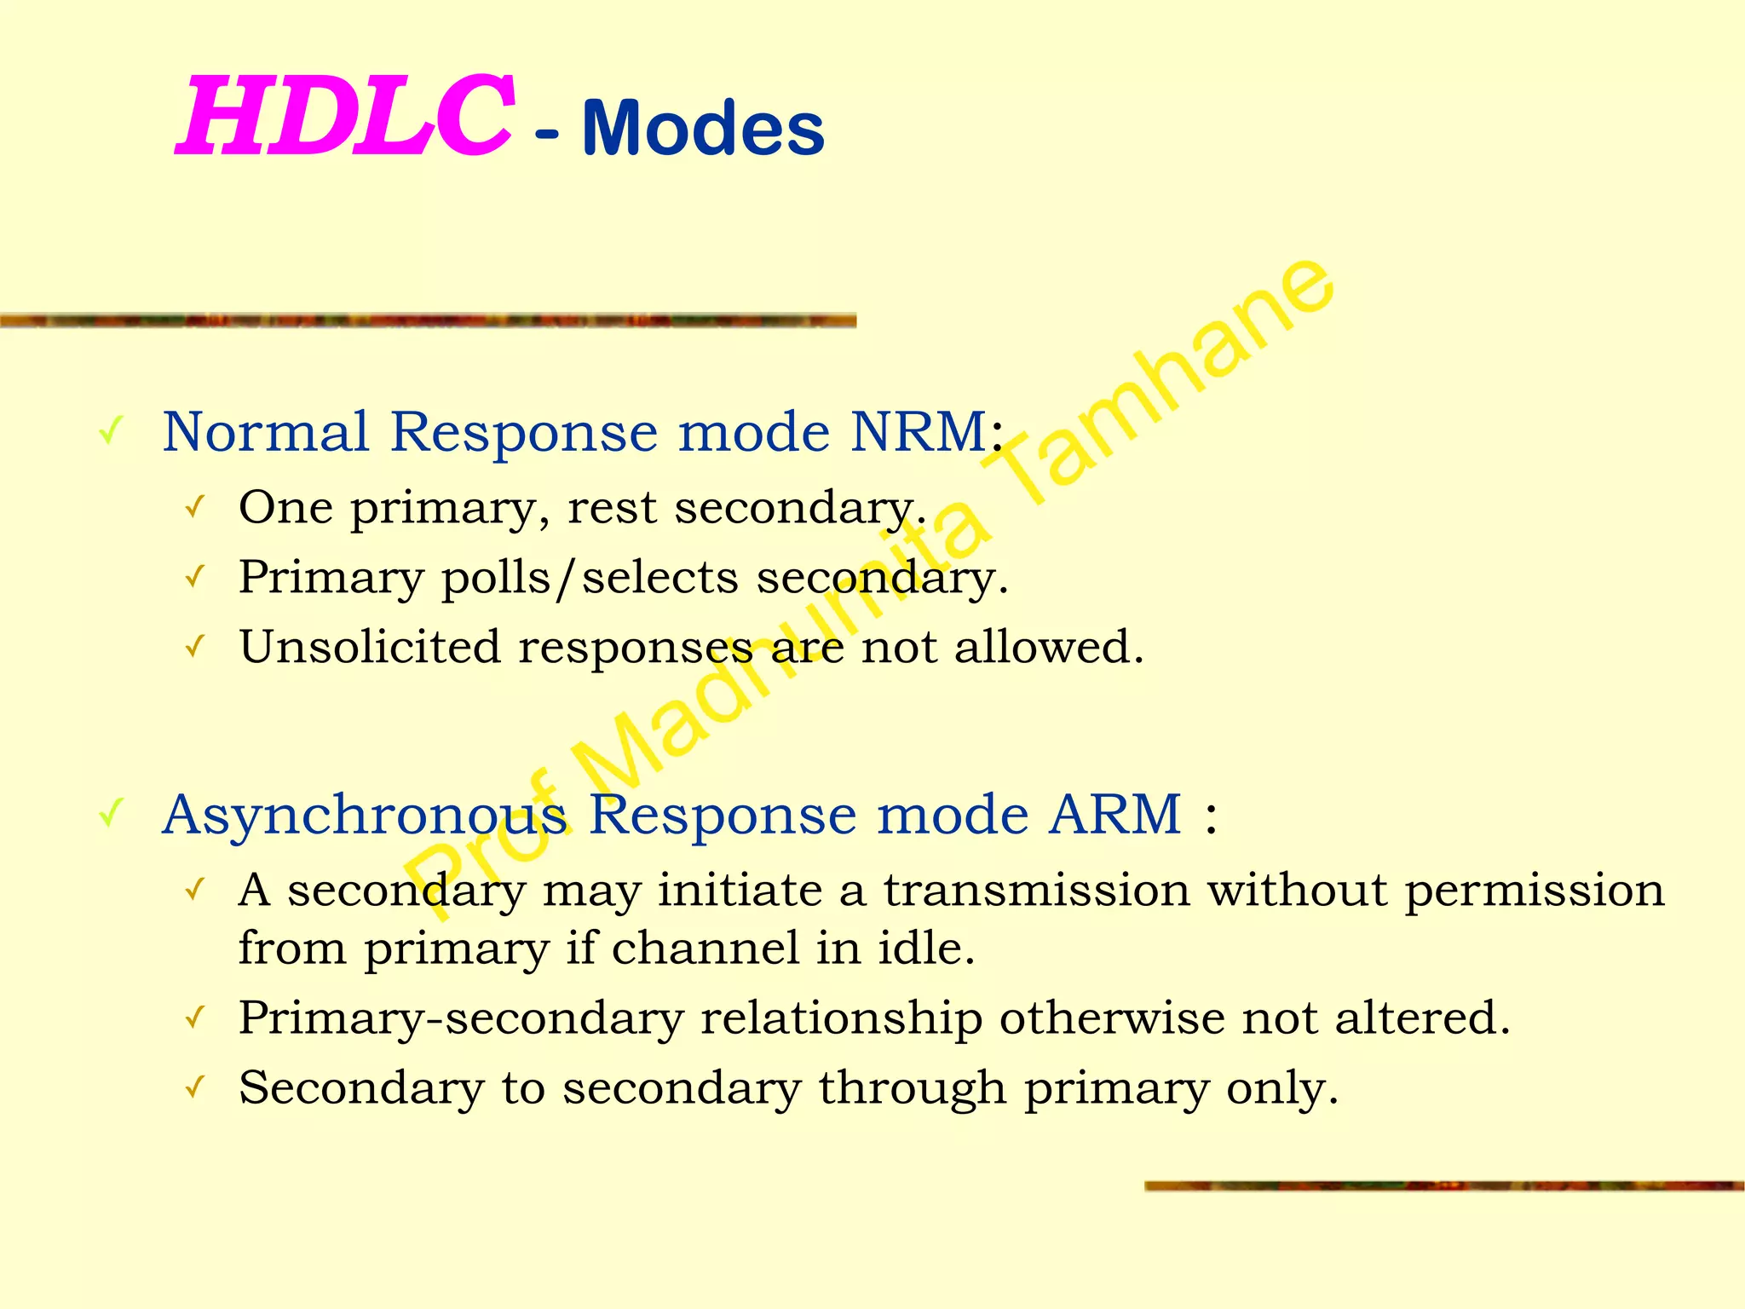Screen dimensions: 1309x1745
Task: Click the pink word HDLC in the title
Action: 345,118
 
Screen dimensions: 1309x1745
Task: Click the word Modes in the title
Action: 703,129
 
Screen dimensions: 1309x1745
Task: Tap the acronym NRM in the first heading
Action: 919,431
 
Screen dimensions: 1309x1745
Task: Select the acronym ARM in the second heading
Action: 1115,814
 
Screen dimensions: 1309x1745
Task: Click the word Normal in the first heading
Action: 266,431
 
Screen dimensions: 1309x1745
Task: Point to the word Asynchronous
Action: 365,816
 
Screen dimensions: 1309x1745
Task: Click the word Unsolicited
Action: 370,647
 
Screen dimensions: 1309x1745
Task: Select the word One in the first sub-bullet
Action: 285,508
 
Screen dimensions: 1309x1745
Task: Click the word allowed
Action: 1048,647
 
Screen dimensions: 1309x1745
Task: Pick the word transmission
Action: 1036,891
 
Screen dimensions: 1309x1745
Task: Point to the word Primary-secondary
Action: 461,1018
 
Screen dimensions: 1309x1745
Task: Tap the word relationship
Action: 841,1018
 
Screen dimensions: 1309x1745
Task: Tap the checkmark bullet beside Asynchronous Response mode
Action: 112,813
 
